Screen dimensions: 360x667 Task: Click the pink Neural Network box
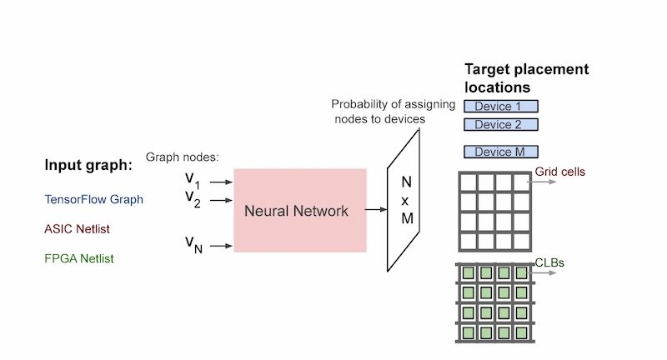pos(300,210)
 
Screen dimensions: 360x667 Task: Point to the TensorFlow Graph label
pos(93,200)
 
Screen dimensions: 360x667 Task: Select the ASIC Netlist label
pos(78,229)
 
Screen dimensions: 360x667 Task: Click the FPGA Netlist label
pos(79,258)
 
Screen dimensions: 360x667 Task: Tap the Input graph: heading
pos(88,166)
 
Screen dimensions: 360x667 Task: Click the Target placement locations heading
pos(525,77)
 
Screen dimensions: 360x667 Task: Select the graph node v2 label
pos(193,198)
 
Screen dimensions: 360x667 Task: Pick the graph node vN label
pos(193,243)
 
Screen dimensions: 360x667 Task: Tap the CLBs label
pos(549,263)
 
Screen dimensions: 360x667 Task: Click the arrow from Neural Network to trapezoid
pos(376,210)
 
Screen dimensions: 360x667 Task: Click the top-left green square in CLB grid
pos(469,272)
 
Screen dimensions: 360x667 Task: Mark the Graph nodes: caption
pos(182,157)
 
